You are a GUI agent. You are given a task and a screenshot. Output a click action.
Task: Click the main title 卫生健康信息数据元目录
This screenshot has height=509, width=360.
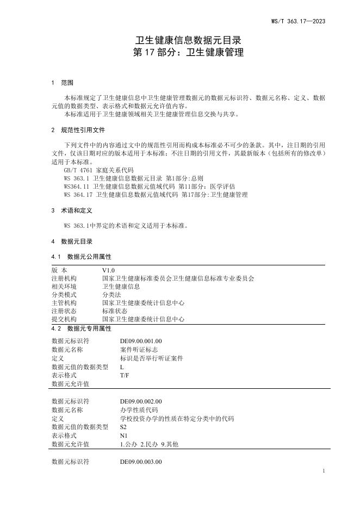188,41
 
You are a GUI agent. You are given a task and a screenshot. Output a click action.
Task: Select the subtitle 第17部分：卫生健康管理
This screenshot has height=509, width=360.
188,53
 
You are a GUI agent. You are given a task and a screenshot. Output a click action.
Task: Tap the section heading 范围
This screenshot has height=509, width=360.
67,83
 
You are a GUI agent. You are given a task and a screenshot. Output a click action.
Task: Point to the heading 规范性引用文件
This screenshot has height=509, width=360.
83,130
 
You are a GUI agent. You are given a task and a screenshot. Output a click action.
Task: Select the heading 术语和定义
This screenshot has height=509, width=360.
77,209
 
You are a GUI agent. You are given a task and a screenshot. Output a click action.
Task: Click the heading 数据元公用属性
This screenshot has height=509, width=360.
89,256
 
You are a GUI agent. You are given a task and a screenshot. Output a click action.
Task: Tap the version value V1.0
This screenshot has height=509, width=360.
108,270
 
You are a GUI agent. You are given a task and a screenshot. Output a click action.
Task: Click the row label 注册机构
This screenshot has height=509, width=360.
64,278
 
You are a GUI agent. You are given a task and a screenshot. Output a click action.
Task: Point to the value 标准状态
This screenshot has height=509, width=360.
114,311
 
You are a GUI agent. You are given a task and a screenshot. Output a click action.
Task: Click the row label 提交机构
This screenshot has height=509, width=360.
64,319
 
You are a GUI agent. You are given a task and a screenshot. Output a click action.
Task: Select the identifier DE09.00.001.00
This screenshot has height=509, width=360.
141,341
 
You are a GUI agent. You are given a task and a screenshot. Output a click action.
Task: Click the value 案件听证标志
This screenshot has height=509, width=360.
139,350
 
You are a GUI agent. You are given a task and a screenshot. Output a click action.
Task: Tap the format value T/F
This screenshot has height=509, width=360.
124,375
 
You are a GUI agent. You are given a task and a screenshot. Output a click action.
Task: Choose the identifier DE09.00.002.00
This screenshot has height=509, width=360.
141,401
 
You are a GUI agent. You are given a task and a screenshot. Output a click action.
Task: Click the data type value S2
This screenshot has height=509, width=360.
123,427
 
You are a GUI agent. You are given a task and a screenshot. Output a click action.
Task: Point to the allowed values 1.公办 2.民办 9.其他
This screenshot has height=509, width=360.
149,444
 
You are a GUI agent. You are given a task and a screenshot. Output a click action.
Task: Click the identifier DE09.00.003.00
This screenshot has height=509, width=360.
141,462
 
